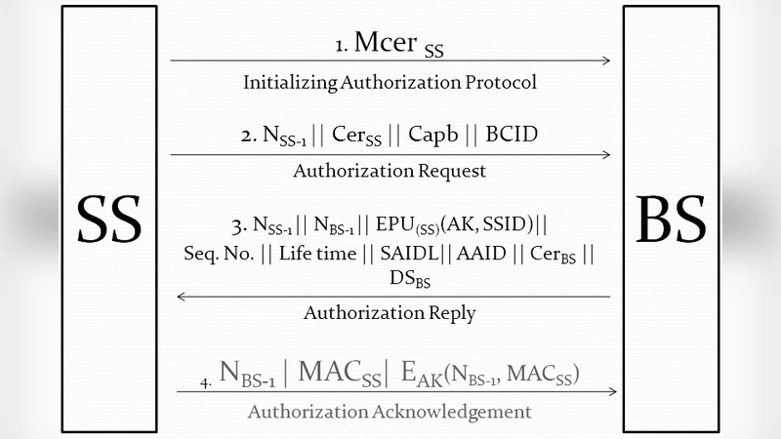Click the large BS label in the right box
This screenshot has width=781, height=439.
point(671,219)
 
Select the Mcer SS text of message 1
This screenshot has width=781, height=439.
point(399,45)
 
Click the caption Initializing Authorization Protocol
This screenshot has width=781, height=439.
point(390,82)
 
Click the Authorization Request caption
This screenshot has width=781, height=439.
point(390,171)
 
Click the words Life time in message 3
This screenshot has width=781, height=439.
point(310,254)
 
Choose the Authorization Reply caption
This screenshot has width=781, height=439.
point(390,313)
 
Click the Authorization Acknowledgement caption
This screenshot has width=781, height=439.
point(390,411)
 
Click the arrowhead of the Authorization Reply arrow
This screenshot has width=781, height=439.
point(180,296)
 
